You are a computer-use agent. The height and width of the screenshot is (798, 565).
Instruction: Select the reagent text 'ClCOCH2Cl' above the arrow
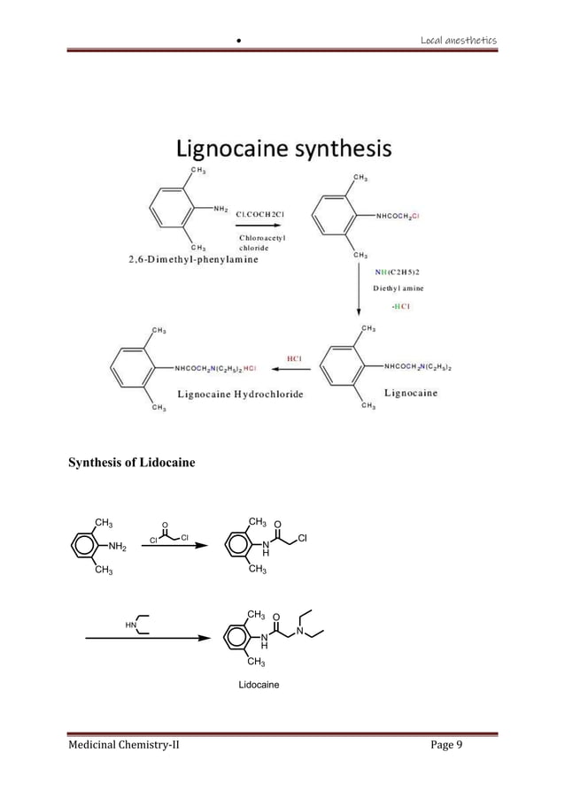click(x=269, y=213)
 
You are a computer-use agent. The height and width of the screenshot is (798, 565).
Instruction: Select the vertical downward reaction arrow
click(x=359, y=288)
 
